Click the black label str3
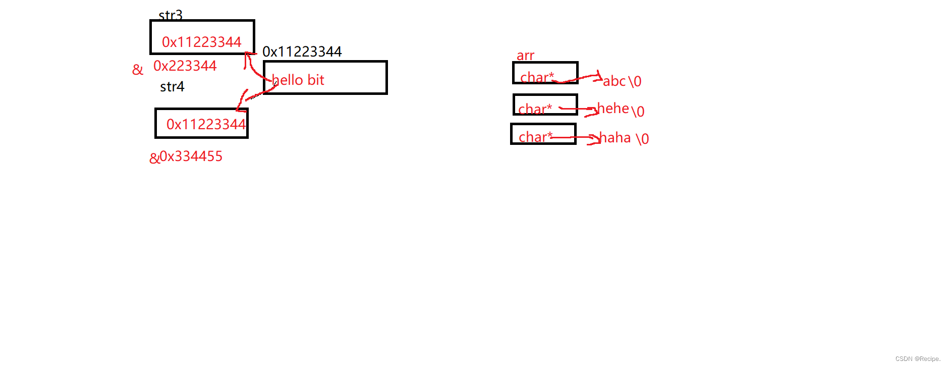[x=171, y=15]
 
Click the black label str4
[x=172, y=87]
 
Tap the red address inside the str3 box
[x=201, y=42]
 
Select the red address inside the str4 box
[x=205, y=124]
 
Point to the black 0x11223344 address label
[x=302, y=51]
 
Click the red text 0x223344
[x=185, y=66]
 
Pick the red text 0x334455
[x=191, y=156]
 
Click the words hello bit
[x=298, y=80]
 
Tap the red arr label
[x=525, y=56]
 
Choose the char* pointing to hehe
[x=535, y=109]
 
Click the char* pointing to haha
[x=535, y=137]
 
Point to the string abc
[x=614, y=81]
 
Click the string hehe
[x=613, y=108]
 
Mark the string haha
[x=615, y=137]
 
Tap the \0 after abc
[x=635, y=81]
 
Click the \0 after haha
[x=642, y=139]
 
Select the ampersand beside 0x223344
[x=137, y=70]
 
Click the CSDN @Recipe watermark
[x=918, y=359]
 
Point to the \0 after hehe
[x=638, y=111]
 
